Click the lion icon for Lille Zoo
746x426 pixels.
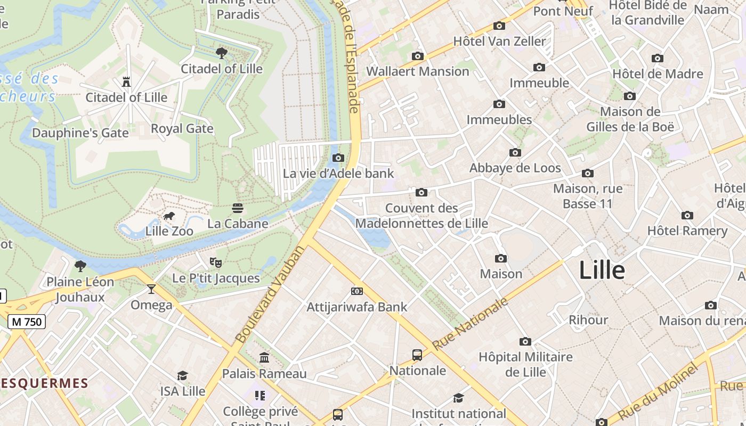(169, 216)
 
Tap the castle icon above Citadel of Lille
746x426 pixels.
(126, 82)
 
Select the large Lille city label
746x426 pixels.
(602, 270)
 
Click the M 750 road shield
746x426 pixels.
(27, 322)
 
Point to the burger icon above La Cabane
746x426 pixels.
(238, 208)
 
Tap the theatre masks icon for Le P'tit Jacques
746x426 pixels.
(215, 262)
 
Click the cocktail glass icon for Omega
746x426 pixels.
(151, 289)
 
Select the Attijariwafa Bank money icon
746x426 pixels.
(356, 291)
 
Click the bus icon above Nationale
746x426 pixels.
(417, 355)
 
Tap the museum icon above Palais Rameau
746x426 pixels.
(264, 358)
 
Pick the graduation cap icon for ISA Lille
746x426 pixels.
(183, 376)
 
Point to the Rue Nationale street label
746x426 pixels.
(470, 324)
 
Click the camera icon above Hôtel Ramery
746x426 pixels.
(687, 216)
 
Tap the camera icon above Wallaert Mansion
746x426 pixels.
(418, 56)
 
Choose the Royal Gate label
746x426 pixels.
(182, 129)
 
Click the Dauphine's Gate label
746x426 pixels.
(80, 133)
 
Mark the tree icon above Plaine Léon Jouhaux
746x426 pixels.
(80, 266)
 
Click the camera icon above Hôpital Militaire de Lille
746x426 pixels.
(525, 341)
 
